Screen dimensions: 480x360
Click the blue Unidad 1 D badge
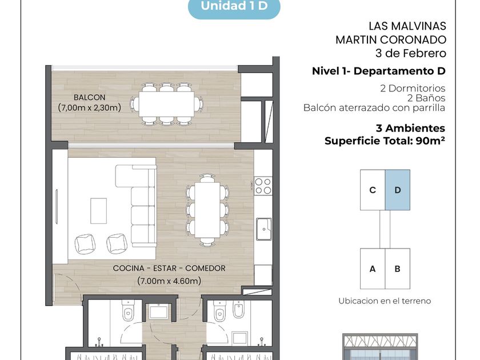point(234,7)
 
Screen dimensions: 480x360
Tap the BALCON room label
point(89,97)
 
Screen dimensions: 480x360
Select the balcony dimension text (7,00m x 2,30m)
point(89,107)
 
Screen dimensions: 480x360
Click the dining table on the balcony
point(166,104)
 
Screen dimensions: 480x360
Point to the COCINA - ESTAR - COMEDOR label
point(169,268)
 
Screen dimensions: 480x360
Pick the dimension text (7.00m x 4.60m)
point(169,281)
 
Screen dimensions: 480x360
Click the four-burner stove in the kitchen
point(263,186)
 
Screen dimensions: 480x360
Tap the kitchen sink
point(264,229)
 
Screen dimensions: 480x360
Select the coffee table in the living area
point(98,211)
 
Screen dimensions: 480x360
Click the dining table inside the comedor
point(207,210)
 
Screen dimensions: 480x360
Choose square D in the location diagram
point(397,190)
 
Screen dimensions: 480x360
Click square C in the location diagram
point(373,190)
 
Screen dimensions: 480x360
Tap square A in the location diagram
point(373,269)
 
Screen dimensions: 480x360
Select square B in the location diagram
point(397,269)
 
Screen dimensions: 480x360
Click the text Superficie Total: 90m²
point(385,141)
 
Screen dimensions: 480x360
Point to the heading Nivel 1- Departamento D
point(379,71)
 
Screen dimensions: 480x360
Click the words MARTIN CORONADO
point(391,40)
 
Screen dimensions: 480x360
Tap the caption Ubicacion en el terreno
point(385,301)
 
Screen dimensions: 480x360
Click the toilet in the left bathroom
point(128,311)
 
